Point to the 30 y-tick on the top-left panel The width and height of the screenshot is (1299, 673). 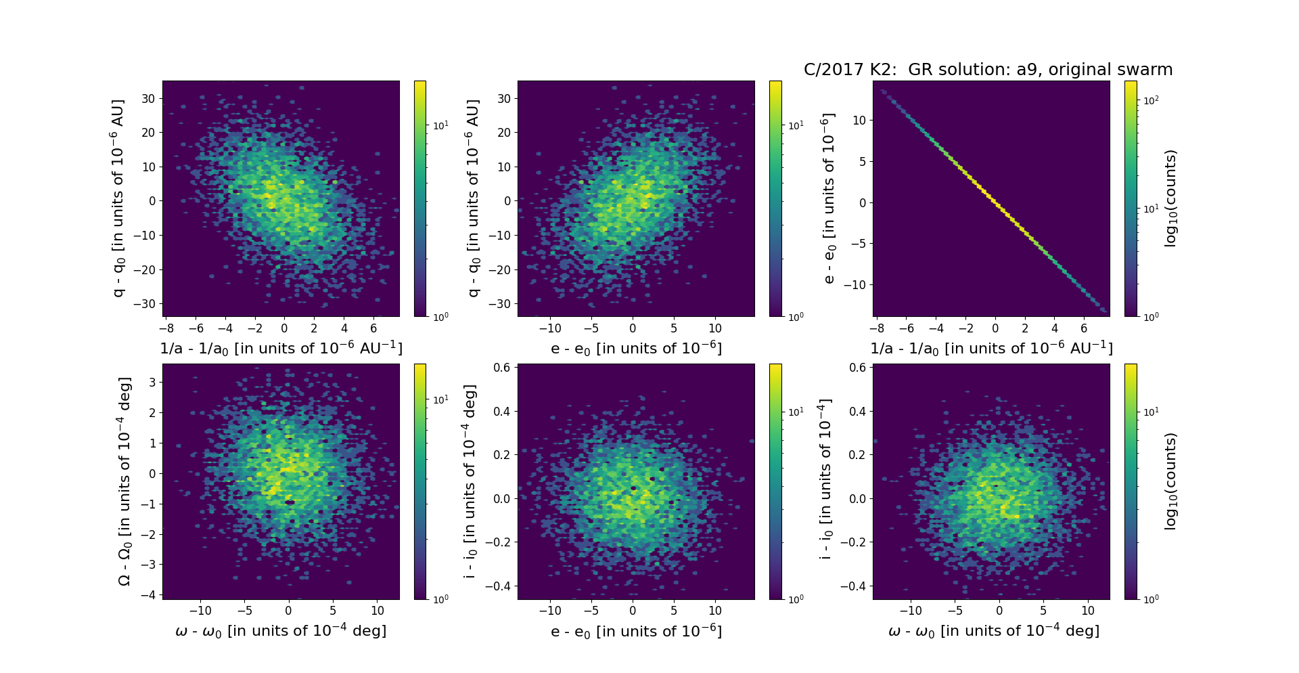point(148,98)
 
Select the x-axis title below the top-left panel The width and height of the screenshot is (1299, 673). point(281,348)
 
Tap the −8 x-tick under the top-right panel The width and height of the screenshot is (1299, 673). point(876,328)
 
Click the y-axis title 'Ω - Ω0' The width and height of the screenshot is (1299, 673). point(124,481)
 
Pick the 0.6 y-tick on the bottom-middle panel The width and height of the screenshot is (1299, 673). point(501,368)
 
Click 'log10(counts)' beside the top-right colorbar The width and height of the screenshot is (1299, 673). point(1170,198)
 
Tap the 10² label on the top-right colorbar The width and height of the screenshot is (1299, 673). point(1151,100)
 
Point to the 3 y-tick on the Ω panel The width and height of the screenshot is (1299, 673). point(153,382)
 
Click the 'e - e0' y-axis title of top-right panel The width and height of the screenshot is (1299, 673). point(828,198)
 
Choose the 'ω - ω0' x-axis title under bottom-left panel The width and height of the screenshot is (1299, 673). point(281,631)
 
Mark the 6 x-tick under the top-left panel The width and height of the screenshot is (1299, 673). point(373,328)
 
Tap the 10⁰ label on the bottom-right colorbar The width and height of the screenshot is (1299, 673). point(1151,599)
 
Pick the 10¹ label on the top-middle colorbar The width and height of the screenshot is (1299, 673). point(796,125)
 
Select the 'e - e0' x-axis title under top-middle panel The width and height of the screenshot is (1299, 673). point(636,348)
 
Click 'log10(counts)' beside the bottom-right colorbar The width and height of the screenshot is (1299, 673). point(1170,481)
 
